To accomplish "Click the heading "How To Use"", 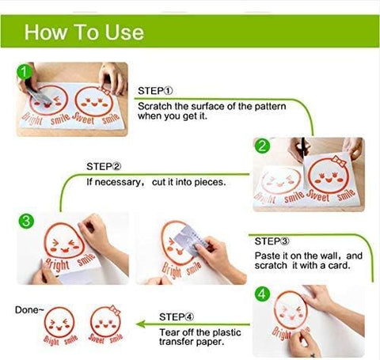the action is tap(84, 32).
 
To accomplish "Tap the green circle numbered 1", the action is tap(25, 72).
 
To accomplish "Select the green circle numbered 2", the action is tap(262, 146).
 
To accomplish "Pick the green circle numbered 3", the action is tap(26, 221).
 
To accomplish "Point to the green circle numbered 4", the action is tap(262, 294).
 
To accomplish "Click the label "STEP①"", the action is tap(155, 91).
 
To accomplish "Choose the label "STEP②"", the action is tap(104, 167).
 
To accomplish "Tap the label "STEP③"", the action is tap(272, 241).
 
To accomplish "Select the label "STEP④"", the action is tap(177, 316).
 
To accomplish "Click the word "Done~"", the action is tap(29, 310).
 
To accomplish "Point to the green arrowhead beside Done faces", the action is tap(141, 324).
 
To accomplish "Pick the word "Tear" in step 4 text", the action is tap(169, 332).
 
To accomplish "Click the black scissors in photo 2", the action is tap(304, 148).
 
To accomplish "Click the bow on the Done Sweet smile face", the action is tap(115, 310).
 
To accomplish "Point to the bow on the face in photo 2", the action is tap(339, 161).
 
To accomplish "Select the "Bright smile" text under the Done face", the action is tap(60, 340).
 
